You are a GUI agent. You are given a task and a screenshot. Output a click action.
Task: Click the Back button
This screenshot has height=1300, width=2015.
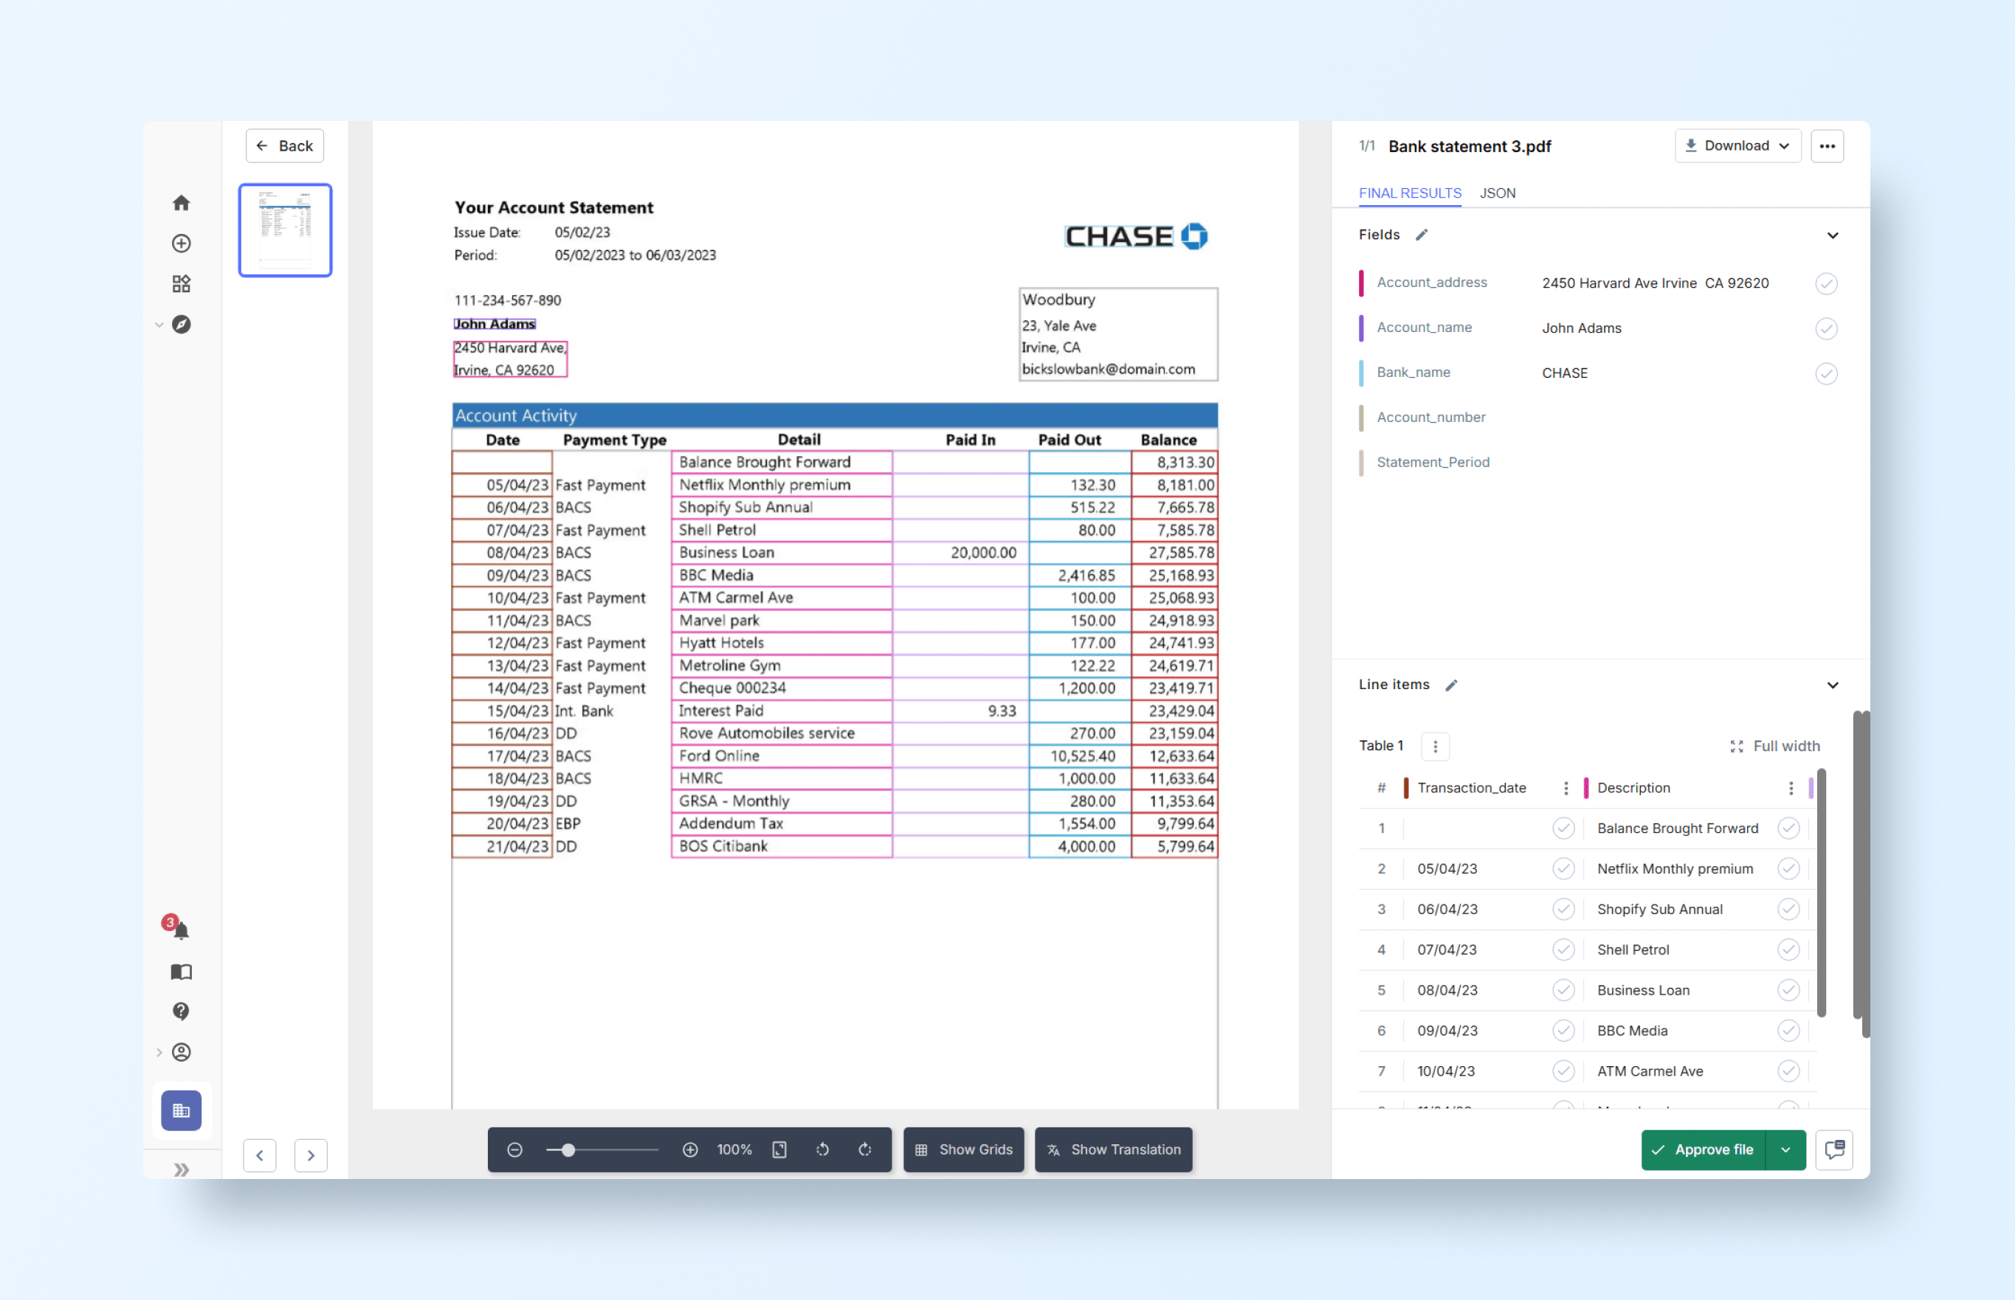click(x=285, y=146)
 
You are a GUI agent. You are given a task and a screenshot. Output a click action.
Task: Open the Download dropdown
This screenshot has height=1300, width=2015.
click(x=1737, y=146)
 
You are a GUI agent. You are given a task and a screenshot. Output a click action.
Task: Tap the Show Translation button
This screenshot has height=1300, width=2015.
click(x=1113, y=1149)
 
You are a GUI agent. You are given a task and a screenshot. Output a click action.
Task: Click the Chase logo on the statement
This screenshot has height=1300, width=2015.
click(x=1136, y=236)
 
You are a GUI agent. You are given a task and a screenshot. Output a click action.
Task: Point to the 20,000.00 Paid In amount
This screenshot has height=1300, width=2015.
click(x=983, y=553)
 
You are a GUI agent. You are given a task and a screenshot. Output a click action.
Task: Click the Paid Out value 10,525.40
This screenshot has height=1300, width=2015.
click(x=1082, y=756)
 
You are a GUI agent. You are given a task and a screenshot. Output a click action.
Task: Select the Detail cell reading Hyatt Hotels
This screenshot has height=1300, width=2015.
click(x=721, y=643)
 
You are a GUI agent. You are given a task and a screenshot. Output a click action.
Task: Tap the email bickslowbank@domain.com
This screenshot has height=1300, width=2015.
click(x=1108, y=369)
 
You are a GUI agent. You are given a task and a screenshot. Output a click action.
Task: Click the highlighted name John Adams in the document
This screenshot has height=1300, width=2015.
click(x=495, y=324)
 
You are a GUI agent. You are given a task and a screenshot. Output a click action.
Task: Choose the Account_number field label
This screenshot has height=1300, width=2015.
click(x=1430, y=417)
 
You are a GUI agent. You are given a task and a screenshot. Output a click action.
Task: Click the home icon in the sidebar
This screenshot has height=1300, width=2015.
click(x=182, y=204)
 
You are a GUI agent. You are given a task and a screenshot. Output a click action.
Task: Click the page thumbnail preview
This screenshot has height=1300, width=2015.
click(x=286, y=229)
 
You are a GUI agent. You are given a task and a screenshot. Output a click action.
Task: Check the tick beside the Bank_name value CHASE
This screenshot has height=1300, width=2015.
click(x=1826, y=373)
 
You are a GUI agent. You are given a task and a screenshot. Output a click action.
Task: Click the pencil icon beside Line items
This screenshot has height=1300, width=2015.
click(x=1451, y=685)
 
